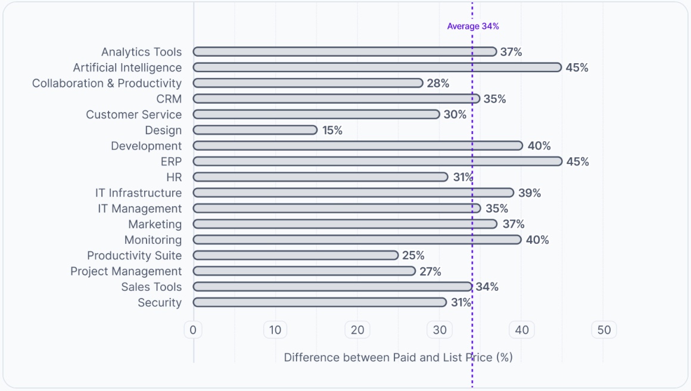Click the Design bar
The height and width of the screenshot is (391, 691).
[x=255, y=130]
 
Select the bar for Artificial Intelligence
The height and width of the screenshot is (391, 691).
[x=377, y=67]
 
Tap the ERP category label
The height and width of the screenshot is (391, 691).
[x=171, y=162]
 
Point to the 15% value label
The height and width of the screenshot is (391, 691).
[x=332, y=130]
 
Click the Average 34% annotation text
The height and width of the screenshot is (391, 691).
[x=473, y=26]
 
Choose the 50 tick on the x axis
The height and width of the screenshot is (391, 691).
[x=604, y=330]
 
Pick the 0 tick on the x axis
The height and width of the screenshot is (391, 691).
[x=193, y=330]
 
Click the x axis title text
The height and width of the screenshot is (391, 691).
[x=398, y=358]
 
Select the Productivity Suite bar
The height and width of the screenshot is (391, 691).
[x=295, y=255]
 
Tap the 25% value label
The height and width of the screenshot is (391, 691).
[x=413, y=255]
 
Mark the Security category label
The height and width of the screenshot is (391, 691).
[x=160, y=302]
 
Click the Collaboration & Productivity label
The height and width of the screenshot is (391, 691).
[x=107, y=83]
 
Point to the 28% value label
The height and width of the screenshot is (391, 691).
[x=438, y=83]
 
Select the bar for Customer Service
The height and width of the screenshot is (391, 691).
[x=316, y=114]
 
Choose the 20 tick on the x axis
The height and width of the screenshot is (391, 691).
[x=357, y=330]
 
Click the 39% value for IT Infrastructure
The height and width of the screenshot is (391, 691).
[x=530, y=193]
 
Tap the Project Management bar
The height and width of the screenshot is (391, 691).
[x=304, y=271]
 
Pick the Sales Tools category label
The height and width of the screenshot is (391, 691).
[x=151, y=287]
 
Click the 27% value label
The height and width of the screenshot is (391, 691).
[x=430, y=271]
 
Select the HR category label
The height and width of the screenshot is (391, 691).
[x=174, y=177]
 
